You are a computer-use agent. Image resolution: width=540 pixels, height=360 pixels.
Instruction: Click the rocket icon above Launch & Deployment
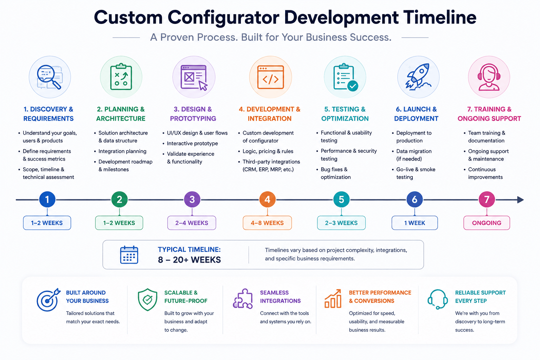click(418, 77)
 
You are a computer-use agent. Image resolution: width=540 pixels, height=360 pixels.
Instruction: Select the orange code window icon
click(270, 77)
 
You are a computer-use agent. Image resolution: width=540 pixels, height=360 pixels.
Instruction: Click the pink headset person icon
click(489, 77)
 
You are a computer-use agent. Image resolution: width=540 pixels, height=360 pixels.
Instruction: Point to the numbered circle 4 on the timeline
click(267, 199)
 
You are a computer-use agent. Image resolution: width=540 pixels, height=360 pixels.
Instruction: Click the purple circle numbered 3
click(192, 199)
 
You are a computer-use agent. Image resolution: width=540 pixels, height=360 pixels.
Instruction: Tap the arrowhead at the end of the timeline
click(521, 200)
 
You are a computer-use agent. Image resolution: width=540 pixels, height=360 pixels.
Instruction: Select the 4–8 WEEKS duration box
click(267, 223)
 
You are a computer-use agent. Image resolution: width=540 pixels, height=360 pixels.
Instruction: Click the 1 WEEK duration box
click(414, 223)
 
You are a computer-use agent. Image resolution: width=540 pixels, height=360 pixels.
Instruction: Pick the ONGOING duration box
click(487, 223)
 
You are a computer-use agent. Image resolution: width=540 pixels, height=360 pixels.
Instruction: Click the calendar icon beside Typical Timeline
click(129, 255)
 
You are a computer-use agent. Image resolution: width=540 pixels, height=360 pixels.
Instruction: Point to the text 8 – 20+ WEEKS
click(189, 260)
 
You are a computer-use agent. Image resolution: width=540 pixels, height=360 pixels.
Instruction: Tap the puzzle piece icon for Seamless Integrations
click(243, 299)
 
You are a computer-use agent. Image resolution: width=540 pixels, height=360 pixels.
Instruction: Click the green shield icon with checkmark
click(148, 300)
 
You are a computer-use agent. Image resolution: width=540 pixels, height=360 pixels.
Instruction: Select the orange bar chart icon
click(333, 299)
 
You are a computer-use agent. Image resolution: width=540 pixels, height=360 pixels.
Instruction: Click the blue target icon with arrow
click(48, 300)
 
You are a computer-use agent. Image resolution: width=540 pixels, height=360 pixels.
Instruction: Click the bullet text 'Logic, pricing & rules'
click(268, 151)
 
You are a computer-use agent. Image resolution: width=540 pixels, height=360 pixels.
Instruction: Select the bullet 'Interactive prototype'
click(192, 143)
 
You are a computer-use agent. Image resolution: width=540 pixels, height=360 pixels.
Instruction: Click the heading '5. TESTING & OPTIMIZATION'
click(345, 114)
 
